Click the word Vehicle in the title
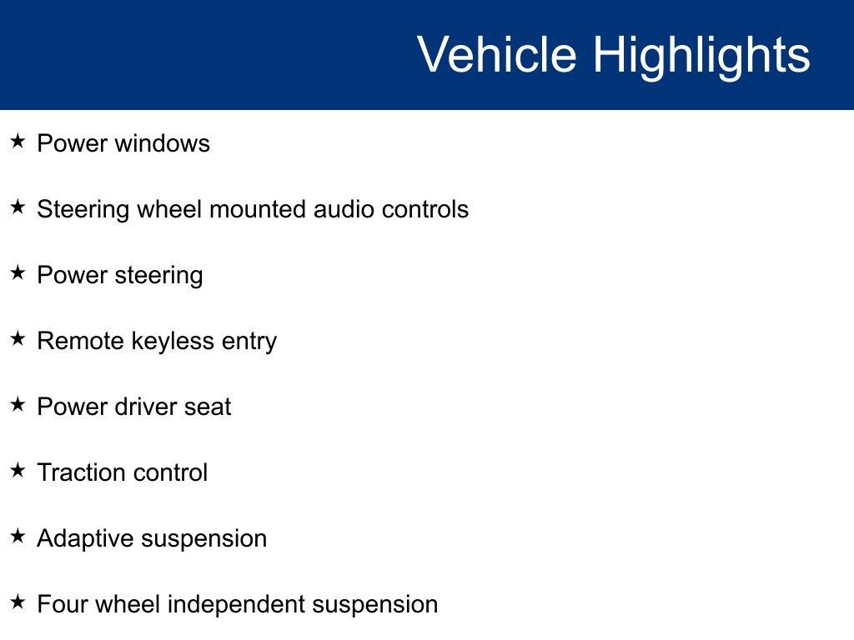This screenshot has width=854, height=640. pyautogui.click(x=497, y=54)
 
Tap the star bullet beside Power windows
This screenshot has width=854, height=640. pyautogui.click(x=18, y=142)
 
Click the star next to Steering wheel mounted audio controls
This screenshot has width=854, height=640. pyautogui.click(x=18, y=207)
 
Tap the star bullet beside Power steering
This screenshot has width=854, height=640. pyautogui.click(x=18, y=273)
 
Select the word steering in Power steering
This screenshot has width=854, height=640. pyautogui.click(x=159, y=276)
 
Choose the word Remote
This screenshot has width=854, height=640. pyautogui.click(x=81, y=341)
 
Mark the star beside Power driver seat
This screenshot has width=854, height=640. pyautogui.click(x=18, y=405)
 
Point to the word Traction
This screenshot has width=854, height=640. pyautogui.click(x=82, y=472)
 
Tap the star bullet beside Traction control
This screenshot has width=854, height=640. pyautogui.click(x=18, y=471)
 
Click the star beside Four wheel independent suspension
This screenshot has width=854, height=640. pyautogui.click(x=18, y=602)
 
